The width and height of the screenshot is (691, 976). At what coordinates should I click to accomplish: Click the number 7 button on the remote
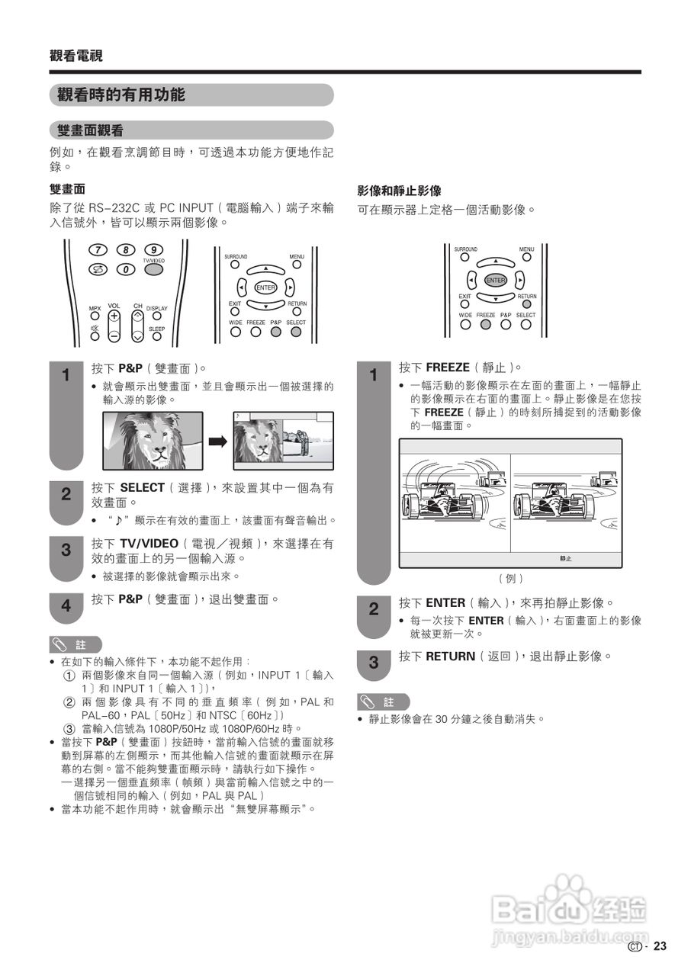click(97, 249)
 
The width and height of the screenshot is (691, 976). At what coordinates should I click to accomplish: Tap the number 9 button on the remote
click(153, 249)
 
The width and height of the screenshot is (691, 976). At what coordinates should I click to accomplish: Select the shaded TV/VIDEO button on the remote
click(153, 268)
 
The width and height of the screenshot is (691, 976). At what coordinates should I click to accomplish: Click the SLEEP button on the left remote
click(156, 335)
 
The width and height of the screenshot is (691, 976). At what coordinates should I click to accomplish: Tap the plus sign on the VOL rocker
click(114, 315)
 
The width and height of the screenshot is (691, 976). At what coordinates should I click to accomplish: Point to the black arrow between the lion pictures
click(219, 441)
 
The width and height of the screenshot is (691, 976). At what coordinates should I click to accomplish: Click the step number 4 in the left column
click(66, 606)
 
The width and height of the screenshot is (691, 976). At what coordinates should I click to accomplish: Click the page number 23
click(660, 946)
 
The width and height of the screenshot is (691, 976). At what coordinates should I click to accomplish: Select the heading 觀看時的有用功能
click(121, 95)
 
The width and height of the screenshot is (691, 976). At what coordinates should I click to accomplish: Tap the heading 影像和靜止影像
click(399, 191)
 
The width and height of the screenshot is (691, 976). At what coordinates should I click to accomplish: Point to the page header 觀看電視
click(76, 56)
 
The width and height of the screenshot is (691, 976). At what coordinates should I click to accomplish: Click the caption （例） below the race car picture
click(510, 578)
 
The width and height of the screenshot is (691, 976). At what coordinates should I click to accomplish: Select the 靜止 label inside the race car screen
click(565, 558)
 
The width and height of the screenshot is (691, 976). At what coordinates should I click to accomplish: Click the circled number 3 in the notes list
click(69, 728)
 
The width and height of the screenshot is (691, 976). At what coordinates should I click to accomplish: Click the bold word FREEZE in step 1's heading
click(448, 368)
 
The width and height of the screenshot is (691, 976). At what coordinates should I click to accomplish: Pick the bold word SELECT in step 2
click(143, 487)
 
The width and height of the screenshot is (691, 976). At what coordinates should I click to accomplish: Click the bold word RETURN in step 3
click(450, 656)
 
